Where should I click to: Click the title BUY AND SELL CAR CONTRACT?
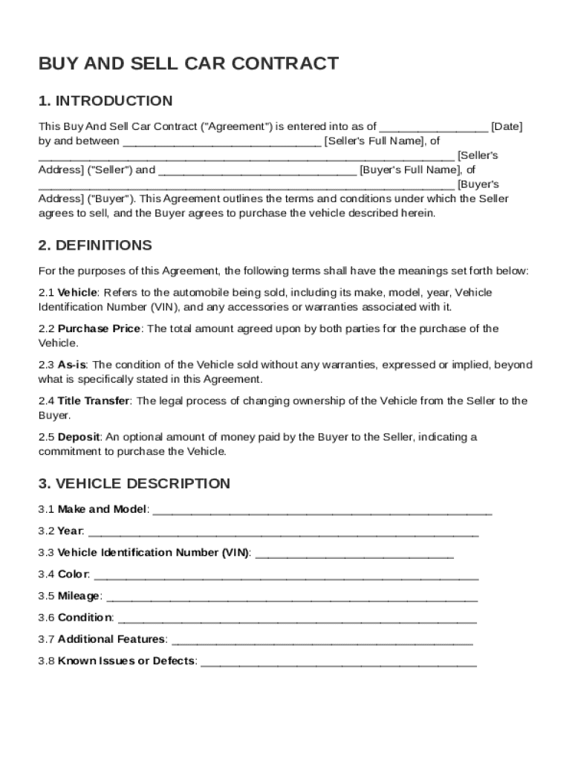tap(189, 64)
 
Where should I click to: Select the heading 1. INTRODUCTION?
tap(105, 101)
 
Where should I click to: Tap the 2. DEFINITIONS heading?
tap(95, 245)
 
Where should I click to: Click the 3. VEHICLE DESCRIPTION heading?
tap(134, 484)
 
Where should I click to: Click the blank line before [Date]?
tap(434, 128)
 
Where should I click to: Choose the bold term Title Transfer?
tap(94, 401)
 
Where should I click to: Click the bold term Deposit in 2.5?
tap(79, 437)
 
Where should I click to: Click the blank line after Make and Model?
tap(322, 511)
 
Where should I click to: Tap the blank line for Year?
tap(283, 533)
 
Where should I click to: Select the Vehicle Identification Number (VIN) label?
tap(154, 553)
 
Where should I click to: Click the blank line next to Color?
tap(287, 576)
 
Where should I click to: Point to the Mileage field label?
tap(79, 596)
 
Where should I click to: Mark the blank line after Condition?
tap(297, 619)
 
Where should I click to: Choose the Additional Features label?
tap(112, 639)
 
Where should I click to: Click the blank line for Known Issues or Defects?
tap(339, 662)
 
